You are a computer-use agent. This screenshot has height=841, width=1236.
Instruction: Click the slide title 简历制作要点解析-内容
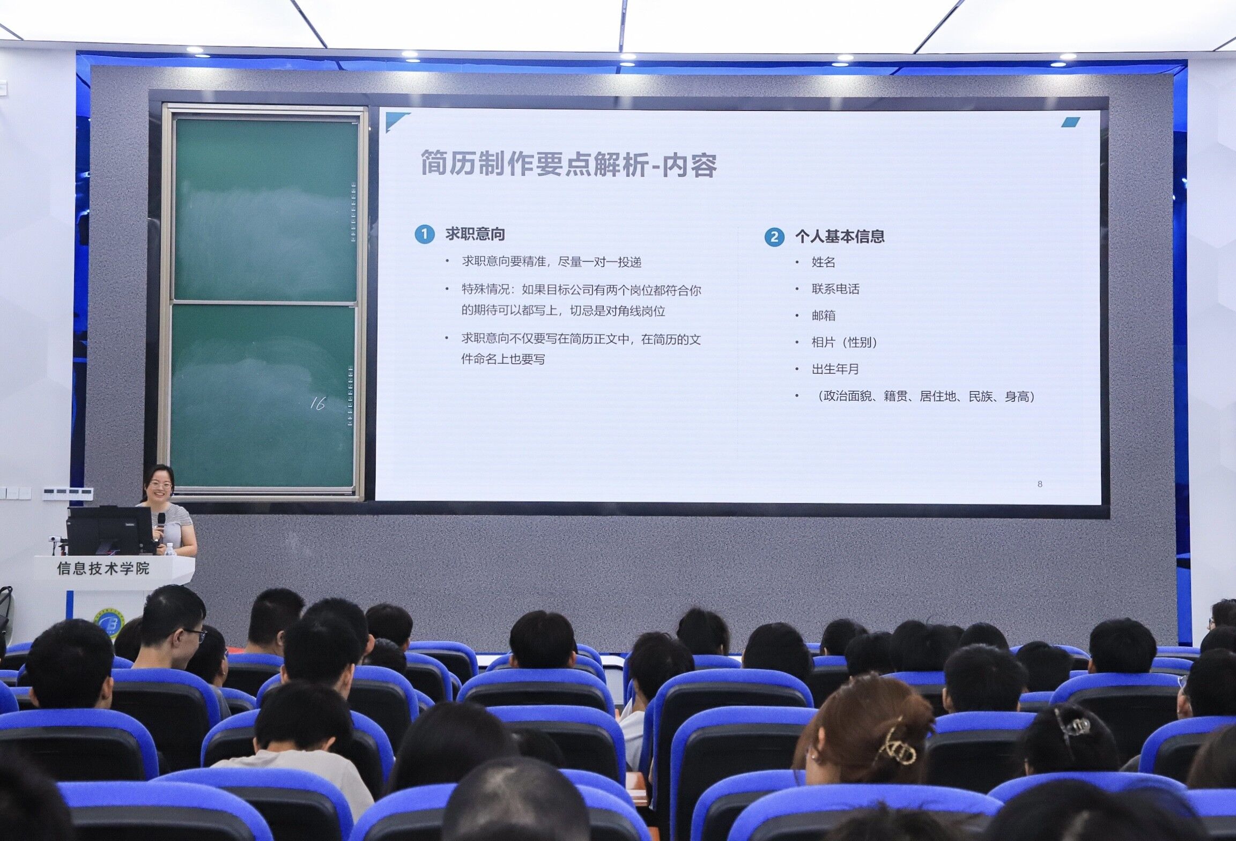pyautogui.click(x=568, y=164)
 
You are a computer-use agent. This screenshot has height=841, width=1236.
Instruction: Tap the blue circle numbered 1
pyautogui.click(x=425, y=234)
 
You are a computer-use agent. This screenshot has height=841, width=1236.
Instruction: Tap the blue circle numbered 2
pyautogui.click(x=774, y=237)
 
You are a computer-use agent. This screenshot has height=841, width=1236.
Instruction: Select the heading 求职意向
pyautogui.click(x=475, y=234)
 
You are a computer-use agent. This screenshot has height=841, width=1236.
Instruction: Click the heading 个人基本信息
pyautogui.click(x=840, y=237)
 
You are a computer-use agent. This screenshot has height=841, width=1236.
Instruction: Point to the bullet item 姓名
pyautogui.click(x=824, y=262)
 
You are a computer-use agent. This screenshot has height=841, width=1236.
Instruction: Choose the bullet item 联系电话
pyautogui.click(x=835, y=289)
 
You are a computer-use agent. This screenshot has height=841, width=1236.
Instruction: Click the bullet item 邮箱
pyautogui.click(x=824, y=315)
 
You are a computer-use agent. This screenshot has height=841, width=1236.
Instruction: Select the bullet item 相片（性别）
pyautogui.click(x=845, y=342)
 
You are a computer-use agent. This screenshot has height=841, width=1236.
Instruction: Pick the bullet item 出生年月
pyautogui.click(x=835, y=369)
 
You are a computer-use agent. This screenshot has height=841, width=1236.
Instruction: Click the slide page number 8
pyautogui.click(x=1040, y=484)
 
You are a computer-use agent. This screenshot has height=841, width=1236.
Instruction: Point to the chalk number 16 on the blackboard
pyautogui.click(x=317, y=403)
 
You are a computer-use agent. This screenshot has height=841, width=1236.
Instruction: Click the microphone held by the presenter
pyautogui.click(x=161, y=522)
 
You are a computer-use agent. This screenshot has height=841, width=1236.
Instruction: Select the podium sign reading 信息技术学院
pyautogui.click(x=103, y=569)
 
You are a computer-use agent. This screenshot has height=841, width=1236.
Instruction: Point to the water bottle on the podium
pyautogui.click(x=169, y=549)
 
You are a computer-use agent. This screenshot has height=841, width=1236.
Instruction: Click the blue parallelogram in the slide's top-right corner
pyautogui.click(x=1070, y=122)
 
